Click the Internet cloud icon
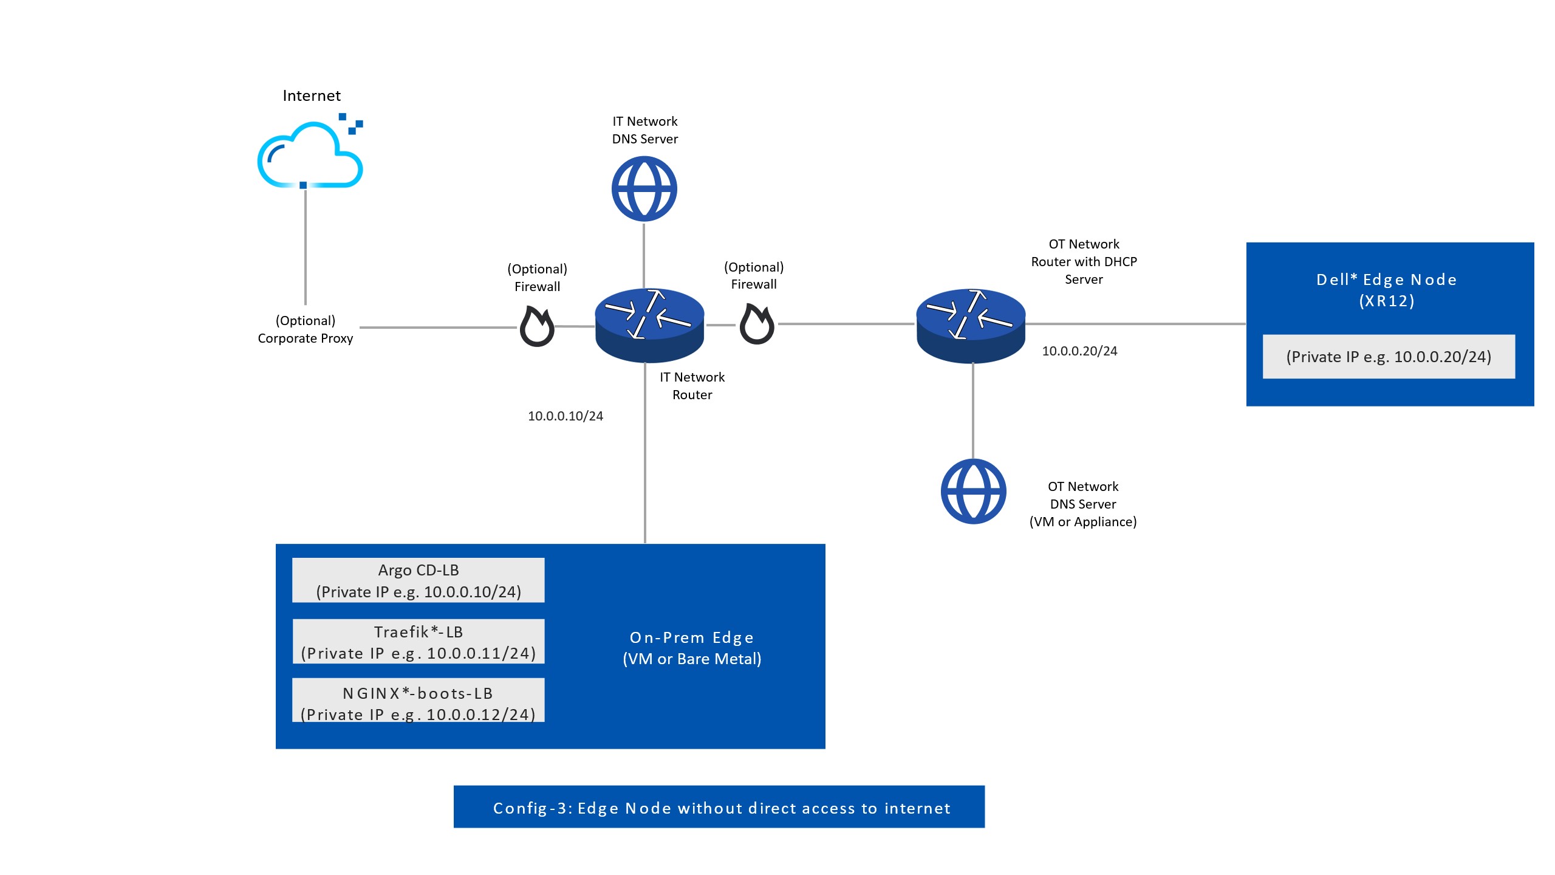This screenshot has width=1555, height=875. click(x=310, y=155)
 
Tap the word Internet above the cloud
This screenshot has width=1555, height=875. click(x=312, y=96)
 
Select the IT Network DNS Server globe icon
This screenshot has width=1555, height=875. click(x=644, y=189)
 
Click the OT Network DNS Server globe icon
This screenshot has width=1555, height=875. click(x=973, y=491)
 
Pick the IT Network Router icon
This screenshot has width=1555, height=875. click(x=649, y=324)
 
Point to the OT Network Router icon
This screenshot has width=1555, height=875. click(x=971, y=325)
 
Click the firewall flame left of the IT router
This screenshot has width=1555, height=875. click(x=537, y=327)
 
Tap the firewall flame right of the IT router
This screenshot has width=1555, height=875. click(x=757, y=325)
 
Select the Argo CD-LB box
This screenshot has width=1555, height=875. click(x=419, y=580)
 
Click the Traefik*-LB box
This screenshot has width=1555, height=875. click(x=419, y=642)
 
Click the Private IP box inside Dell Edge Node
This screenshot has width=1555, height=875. click(x=1389, y=357)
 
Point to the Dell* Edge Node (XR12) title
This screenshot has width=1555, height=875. click(x=1387, y=290)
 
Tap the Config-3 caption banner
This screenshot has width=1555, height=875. click(x=719, y=807)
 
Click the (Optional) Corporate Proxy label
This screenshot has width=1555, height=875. click(x=306, y=329)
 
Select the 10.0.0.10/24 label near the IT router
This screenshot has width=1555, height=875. click(x=566, y=416)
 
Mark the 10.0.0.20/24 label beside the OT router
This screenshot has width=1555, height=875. click(x=1079, y=351)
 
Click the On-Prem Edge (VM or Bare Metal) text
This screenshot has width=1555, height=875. click(x=692, y=648)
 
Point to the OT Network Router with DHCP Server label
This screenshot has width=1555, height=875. click(x=1084, y=262)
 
